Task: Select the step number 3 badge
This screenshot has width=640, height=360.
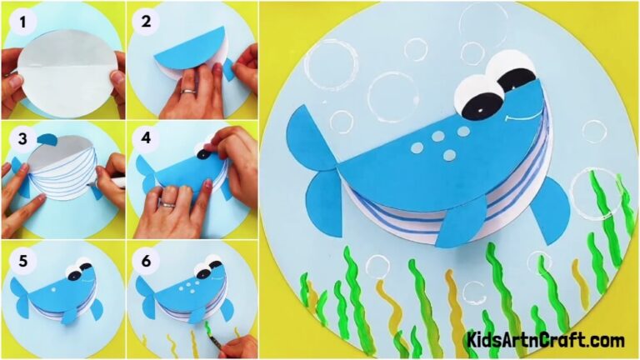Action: (18, 137)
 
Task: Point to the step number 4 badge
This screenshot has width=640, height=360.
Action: (146, 137)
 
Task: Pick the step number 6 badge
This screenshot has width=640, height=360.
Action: (146, 259)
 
